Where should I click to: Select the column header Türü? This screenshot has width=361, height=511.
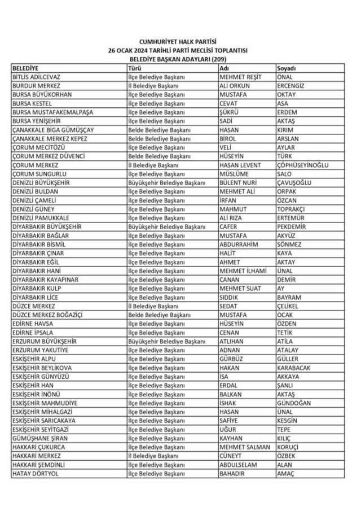click(134, 68)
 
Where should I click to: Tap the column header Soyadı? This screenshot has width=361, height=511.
click(287, 68)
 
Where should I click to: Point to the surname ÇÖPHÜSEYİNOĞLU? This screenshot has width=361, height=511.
click(302, 165)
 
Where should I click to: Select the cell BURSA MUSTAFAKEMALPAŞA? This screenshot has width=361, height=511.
click(52, 112)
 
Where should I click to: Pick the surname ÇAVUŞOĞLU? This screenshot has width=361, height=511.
click(294, 183)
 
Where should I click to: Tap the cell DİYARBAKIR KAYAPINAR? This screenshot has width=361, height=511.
click(45, 279)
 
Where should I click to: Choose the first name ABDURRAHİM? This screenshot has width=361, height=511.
click(239, 244)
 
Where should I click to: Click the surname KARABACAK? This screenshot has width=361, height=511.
click(293, 368)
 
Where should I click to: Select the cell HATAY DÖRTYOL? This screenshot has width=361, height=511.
click(36, 473)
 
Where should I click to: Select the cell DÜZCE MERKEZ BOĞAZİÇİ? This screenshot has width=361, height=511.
click(48, 315)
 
